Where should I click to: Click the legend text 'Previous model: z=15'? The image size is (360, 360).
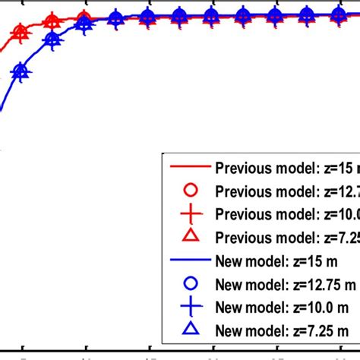tap(285, 168)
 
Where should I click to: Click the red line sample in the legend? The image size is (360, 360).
tap(191, 167)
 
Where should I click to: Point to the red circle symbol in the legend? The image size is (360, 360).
tap(191, 191)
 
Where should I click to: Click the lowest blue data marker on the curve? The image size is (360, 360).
tap(21, 73)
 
